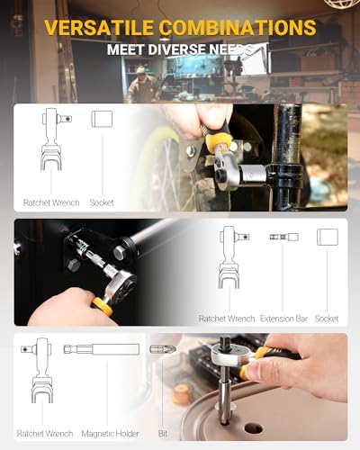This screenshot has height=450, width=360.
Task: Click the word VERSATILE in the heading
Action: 99,27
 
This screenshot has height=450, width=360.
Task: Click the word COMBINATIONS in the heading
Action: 238,27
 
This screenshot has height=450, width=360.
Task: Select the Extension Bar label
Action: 283,319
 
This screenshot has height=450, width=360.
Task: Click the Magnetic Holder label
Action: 110,434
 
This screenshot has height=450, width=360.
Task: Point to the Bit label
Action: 163,434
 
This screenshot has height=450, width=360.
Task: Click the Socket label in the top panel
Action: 102,202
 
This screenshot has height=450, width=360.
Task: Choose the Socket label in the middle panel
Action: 327,319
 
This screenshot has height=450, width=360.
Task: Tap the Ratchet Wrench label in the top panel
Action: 51,202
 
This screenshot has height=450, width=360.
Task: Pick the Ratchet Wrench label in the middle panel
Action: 227,319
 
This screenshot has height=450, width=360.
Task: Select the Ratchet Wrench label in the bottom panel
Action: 45,434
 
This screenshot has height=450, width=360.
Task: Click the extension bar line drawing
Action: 283,237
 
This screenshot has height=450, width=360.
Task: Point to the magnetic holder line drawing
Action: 102,349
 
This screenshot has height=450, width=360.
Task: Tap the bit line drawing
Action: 162,349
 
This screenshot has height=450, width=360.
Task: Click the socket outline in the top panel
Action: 102,119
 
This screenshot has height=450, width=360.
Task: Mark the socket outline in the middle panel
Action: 328,237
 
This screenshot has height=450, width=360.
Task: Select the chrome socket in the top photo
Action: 254,175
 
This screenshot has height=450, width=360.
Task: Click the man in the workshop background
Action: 141,85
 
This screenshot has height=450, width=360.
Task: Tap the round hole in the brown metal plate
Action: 254,428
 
